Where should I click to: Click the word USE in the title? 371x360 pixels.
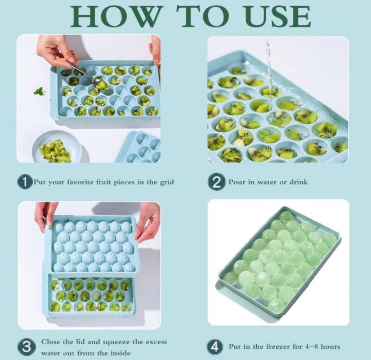[x=278, y=16]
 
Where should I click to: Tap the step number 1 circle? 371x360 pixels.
[x=25, y=182]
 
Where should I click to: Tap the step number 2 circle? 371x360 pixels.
[x=216, y=182]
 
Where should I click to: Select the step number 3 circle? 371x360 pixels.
[x=26, y=347]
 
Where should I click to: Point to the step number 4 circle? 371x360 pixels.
[x=215, y=346]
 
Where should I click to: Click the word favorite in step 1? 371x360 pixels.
[x=80, y=182]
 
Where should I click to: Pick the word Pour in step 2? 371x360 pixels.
[x=237, y=182]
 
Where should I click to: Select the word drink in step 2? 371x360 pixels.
[x=298, y=182]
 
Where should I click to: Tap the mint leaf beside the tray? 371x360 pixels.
[x=39, y=91]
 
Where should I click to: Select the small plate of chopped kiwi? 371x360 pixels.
[x=57, y=147]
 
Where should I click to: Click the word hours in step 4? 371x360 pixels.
[x=330, y=346]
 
